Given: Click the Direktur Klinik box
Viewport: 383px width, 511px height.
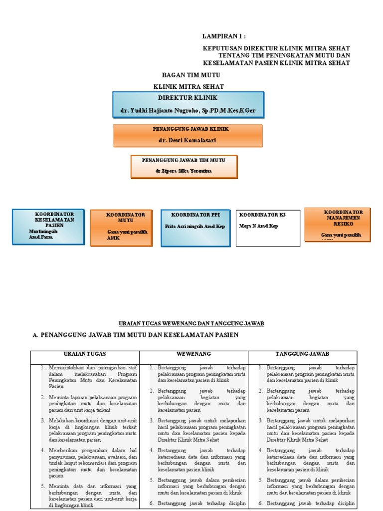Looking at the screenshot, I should pos(188,104).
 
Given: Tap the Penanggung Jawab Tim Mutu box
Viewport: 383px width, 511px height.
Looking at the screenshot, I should pos(184,166).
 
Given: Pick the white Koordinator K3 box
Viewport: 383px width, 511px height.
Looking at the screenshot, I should pos(268,228).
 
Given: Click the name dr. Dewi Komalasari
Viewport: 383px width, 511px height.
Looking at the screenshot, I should pos(188,141).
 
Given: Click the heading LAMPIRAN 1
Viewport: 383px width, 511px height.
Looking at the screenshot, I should pos(224,36).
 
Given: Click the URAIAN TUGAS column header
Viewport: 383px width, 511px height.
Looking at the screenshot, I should pos(85,354).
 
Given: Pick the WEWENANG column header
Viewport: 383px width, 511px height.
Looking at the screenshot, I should pos(193,354).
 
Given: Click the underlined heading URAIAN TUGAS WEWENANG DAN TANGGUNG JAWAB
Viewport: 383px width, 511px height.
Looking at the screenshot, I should pos(191,323).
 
